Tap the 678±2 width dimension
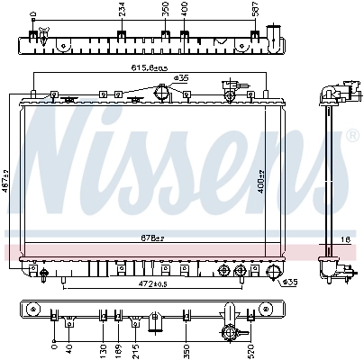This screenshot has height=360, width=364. pos(151,238)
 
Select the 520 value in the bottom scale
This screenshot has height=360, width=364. pos(250,346)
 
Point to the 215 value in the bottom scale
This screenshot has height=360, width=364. pos(135,346)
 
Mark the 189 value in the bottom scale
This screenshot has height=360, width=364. pos(119,346)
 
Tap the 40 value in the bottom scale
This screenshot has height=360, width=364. pos(69,346)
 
